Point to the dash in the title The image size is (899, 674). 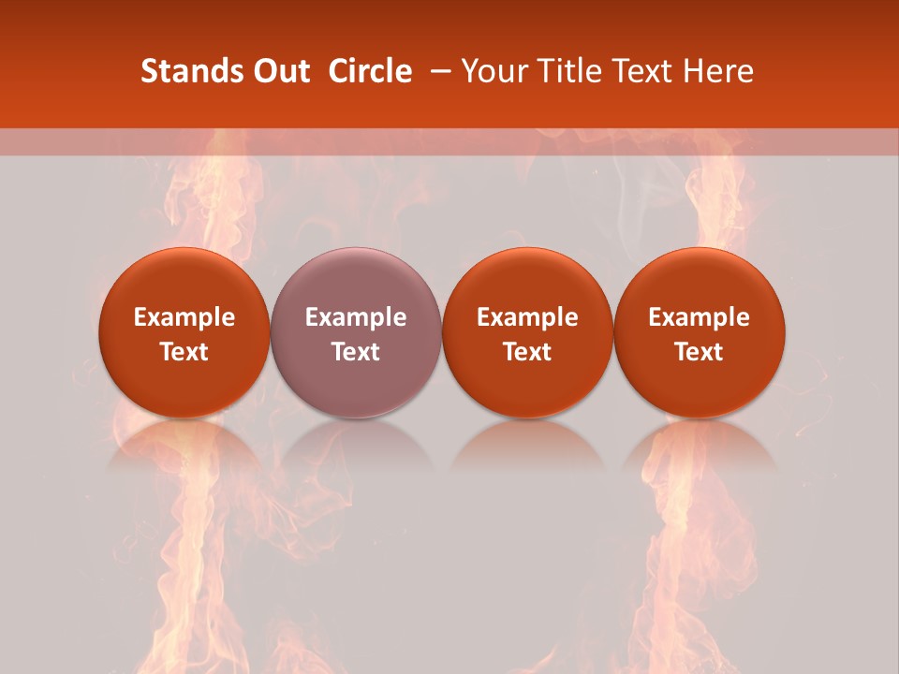442,71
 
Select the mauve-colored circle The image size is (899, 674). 356,332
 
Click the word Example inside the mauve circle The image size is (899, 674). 356,317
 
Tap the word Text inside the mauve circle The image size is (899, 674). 356,352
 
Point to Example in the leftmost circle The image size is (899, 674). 184,317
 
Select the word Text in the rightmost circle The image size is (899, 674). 700,352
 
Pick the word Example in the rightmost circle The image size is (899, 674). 700,317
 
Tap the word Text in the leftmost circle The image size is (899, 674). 184,352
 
